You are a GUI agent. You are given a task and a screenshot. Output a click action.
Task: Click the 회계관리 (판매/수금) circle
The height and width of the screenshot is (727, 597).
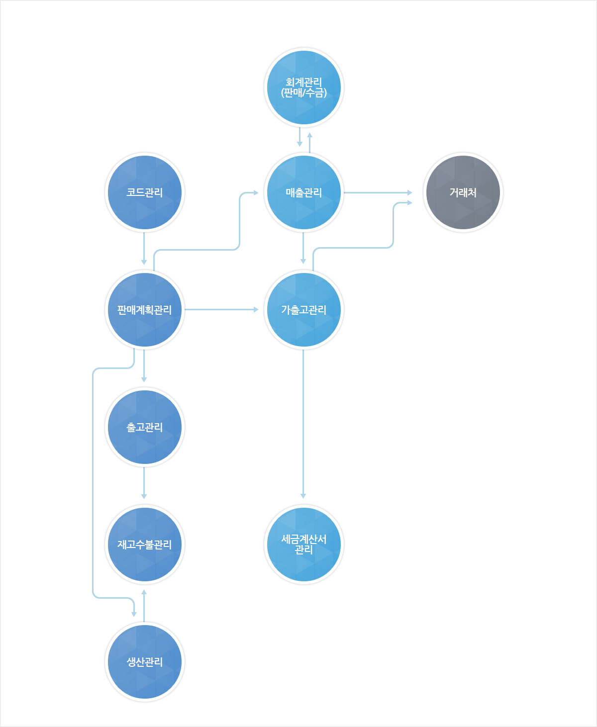[x=303, y=87]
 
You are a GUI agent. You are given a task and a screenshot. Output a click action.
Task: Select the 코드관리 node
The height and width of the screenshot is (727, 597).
[x=144, y=192]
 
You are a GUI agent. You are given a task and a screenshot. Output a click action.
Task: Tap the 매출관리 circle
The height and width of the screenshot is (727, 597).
[x=303, y=192]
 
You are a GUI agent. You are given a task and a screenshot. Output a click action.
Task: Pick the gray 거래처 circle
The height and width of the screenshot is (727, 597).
[x=463, y=192]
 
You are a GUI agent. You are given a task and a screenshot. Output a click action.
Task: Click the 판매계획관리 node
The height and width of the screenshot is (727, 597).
[x=144, y=310]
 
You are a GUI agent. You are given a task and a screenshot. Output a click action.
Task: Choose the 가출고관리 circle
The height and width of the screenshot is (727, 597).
[x=303, y=310]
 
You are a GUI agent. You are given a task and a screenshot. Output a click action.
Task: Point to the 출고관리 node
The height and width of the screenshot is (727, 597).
[x=144, y=427]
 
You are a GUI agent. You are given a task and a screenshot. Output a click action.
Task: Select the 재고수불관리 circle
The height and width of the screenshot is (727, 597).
[x=144, y=545]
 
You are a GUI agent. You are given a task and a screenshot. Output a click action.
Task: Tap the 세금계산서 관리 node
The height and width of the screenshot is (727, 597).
[x=303, y=545]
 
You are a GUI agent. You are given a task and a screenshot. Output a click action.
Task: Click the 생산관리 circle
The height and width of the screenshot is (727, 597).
[x=144, y=662]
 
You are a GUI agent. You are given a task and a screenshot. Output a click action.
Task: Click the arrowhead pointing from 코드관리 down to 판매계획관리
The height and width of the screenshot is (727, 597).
[x=144, y=263]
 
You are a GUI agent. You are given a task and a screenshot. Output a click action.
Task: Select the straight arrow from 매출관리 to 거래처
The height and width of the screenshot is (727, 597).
[x=378, y=192]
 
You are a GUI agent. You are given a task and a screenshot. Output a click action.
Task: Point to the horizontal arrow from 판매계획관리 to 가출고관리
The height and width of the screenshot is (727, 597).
[x=221, y=310]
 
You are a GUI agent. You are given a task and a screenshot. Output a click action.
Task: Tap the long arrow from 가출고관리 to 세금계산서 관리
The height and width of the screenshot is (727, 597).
[x=303, y=424]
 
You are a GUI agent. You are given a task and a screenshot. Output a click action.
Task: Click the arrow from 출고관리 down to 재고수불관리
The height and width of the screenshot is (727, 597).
[x=144, y=483]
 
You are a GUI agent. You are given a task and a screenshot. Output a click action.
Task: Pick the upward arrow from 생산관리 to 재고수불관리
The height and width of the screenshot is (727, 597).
[x=144, y=606]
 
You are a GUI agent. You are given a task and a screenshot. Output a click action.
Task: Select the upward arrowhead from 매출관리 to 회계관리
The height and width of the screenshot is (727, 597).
[x=310, y=135]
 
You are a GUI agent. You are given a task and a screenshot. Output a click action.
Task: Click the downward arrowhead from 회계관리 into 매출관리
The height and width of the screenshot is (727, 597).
[x=299, y=144]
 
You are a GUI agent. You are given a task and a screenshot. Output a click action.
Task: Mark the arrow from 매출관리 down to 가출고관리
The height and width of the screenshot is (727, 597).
[x=303, y=248]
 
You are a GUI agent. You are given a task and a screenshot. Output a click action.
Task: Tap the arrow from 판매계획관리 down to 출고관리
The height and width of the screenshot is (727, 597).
[x=144, y=366]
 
